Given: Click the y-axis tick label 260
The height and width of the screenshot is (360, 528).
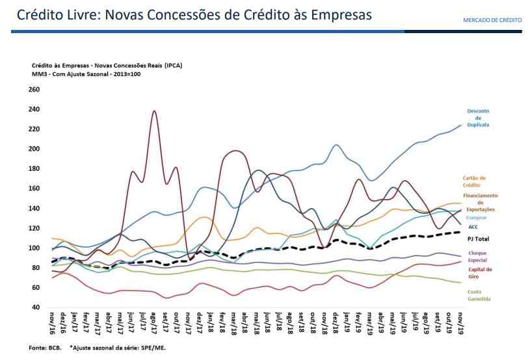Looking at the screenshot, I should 34,90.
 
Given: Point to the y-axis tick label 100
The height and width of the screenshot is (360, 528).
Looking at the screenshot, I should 34,248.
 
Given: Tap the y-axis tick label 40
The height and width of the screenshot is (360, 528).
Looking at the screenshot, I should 36,307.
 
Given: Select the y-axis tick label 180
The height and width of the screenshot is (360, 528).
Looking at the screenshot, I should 34,169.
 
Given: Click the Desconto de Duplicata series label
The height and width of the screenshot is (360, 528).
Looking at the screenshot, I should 478,118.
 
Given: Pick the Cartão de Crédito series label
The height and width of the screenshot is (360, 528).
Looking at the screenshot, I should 474,181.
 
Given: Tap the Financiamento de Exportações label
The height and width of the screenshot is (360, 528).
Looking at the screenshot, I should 480,202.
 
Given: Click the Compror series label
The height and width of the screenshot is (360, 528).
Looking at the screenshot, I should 476,218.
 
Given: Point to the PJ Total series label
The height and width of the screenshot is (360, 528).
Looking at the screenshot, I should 478,239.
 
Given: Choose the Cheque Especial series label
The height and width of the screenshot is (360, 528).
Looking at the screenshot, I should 477,257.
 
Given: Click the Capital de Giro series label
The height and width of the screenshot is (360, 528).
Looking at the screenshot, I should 480,273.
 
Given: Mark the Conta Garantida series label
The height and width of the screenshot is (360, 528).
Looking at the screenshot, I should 479,296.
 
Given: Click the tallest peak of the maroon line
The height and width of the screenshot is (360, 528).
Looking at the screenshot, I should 154,111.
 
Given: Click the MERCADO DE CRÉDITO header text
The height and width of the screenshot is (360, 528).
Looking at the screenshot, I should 492,20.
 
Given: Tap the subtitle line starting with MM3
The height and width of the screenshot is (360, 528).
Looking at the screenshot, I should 86,74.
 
